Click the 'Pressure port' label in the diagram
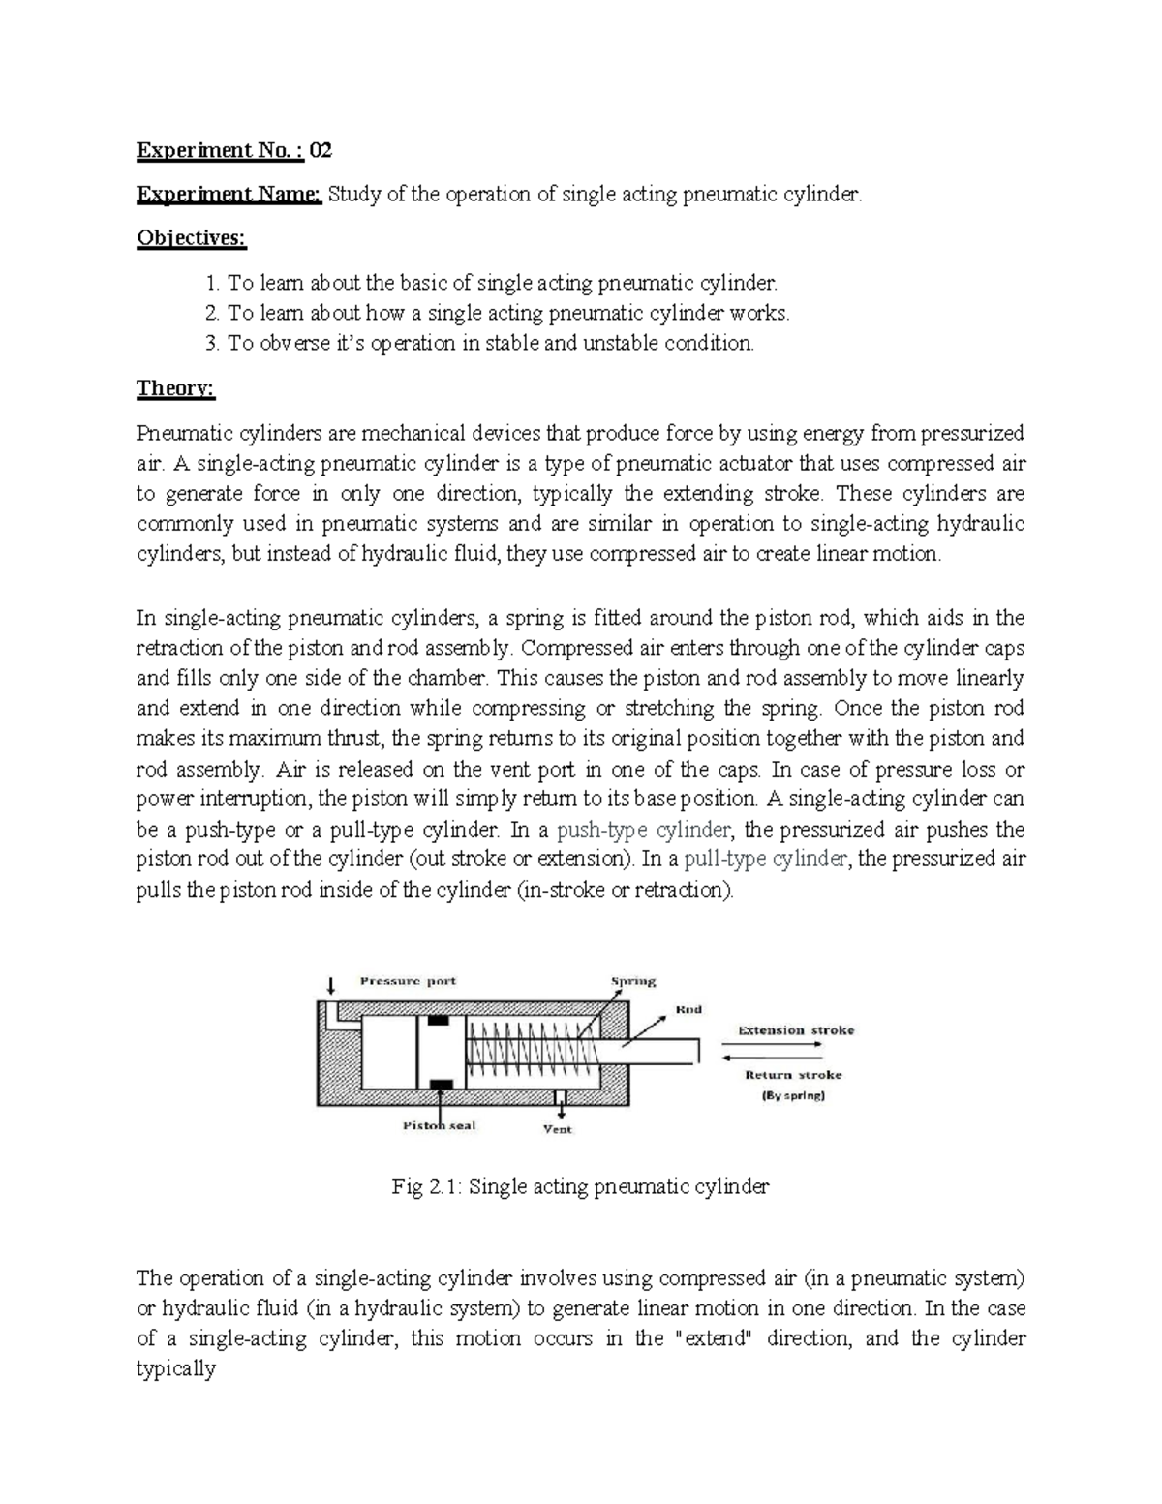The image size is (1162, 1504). (408, 980)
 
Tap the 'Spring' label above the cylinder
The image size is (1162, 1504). (632, 980)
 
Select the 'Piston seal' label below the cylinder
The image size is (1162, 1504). (439, 1125)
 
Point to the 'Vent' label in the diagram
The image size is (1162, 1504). (558, 1128)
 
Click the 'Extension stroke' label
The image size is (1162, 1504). (796, 1029)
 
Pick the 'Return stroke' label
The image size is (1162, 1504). (793, 1074)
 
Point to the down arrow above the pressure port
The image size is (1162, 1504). (331, 986)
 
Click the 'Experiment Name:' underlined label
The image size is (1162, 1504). (229, 195)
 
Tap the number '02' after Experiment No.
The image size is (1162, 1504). (321, 150)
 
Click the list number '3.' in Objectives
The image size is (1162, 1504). (213, 343)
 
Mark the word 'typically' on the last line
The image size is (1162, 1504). (176, 1369)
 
